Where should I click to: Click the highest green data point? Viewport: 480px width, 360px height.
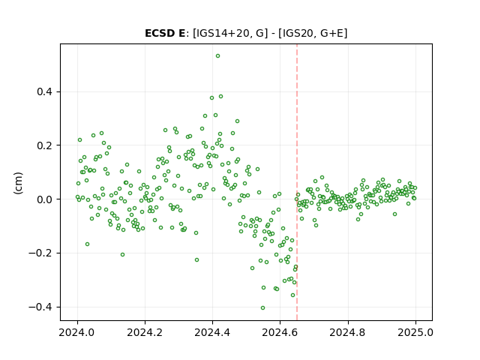coord(217,56)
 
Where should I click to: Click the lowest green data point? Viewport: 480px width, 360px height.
coord(262,308)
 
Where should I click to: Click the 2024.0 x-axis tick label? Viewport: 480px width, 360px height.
coord(77,332)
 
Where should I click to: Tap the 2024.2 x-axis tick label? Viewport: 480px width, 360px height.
coord(145,332)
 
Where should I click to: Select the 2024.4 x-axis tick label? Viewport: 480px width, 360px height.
coord(212,332)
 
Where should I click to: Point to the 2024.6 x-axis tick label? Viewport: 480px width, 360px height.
coord(280,332)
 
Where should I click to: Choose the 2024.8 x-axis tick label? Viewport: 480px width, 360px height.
coord(348,332)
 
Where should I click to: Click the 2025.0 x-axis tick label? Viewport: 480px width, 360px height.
coord(415,332)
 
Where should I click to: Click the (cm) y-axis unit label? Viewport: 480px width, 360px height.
coord(18,183)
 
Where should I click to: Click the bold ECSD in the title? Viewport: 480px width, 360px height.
coord(159,33)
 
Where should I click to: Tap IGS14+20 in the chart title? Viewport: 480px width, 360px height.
coord(221,33)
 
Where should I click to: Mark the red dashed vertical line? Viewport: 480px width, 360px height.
coord(297,182)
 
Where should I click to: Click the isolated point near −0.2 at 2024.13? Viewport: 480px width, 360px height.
coord(122,255)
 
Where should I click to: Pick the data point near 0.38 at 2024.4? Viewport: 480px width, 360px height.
coord(211,98)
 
